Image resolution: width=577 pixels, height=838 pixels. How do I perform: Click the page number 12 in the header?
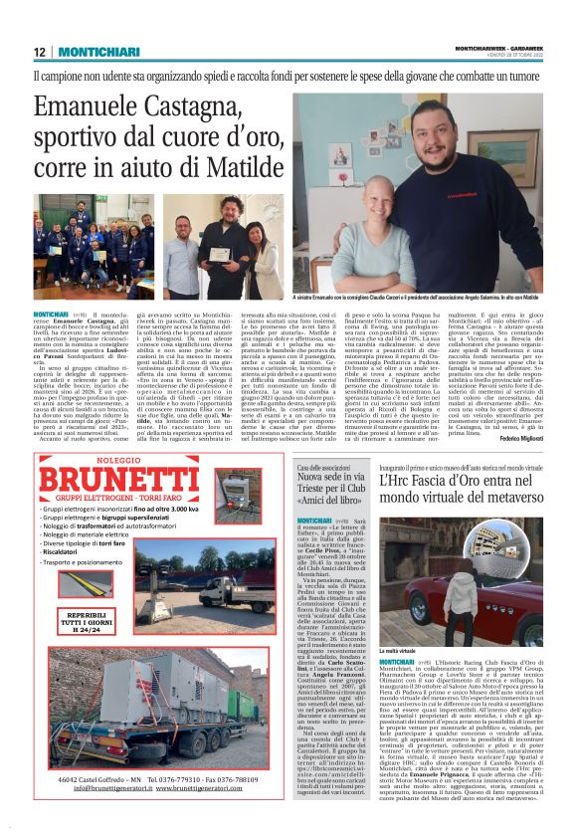pyautogui.click(x=39, y=52)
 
